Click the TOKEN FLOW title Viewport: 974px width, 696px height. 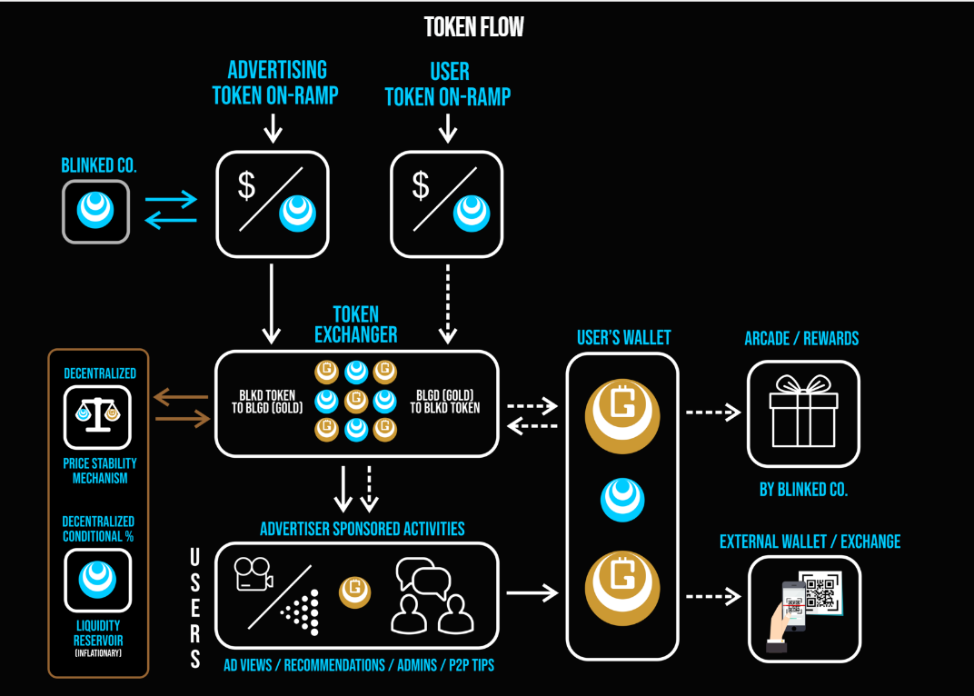[x=474, y=27]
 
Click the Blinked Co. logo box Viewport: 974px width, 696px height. [x=95, y=211]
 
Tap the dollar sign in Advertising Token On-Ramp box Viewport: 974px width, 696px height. [x=246, y=186]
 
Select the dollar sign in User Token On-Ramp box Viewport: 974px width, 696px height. [x=421, y=186]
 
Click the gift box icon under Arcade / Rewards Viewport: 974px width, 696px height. [x=803, y=413]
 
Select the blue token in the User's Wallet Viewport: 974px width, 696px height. [x=623, y=500]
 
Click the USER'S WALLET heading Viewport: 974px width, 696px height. [x=624, y=338]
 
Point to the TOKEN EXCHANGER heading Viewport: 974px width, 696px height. [x=356, y=323]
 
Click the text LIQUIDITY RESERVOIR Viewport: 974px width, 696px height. [x=97, y=632]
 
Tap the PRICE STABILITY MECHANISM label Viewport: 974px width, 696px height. [x=100, y=471]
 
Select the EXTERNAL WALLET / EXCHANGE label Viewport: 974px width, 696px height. [x=810, y=542]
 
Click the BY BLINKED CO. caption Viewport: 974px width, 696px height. [x=803, y=489]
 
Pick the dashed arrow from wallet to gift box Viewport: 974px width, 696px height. [x=713, y=413]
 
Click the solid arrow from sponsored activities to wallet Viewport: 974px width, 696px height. [x=532, y=593]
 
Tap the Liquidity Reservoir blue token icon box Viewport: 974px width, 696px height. [x=97, y=580]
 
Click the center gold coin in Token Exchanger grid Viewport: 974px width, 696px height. [x=356, y=400]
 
